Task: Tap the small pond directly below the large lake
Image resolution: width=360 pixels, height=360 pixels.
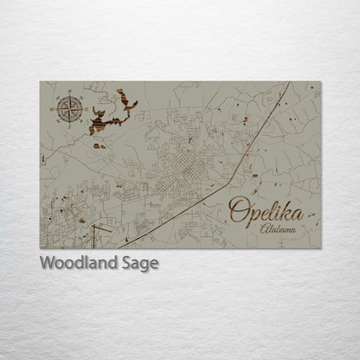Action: click(100, 145)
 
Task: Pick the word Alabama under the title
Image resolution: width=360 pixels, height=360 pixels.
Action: click(277, 229)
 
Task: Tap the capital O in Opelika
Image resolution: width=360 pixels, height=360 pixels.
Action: click(239, 209)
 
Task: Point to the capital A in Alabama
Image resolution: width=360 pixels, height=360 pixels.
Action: click(263, 228)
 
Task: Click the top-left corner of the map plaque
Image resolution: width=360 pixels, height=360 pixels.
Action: click(40, 81)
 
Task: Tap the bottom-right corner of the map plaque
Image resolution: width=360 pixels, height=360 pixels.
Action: click(320, 248)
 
